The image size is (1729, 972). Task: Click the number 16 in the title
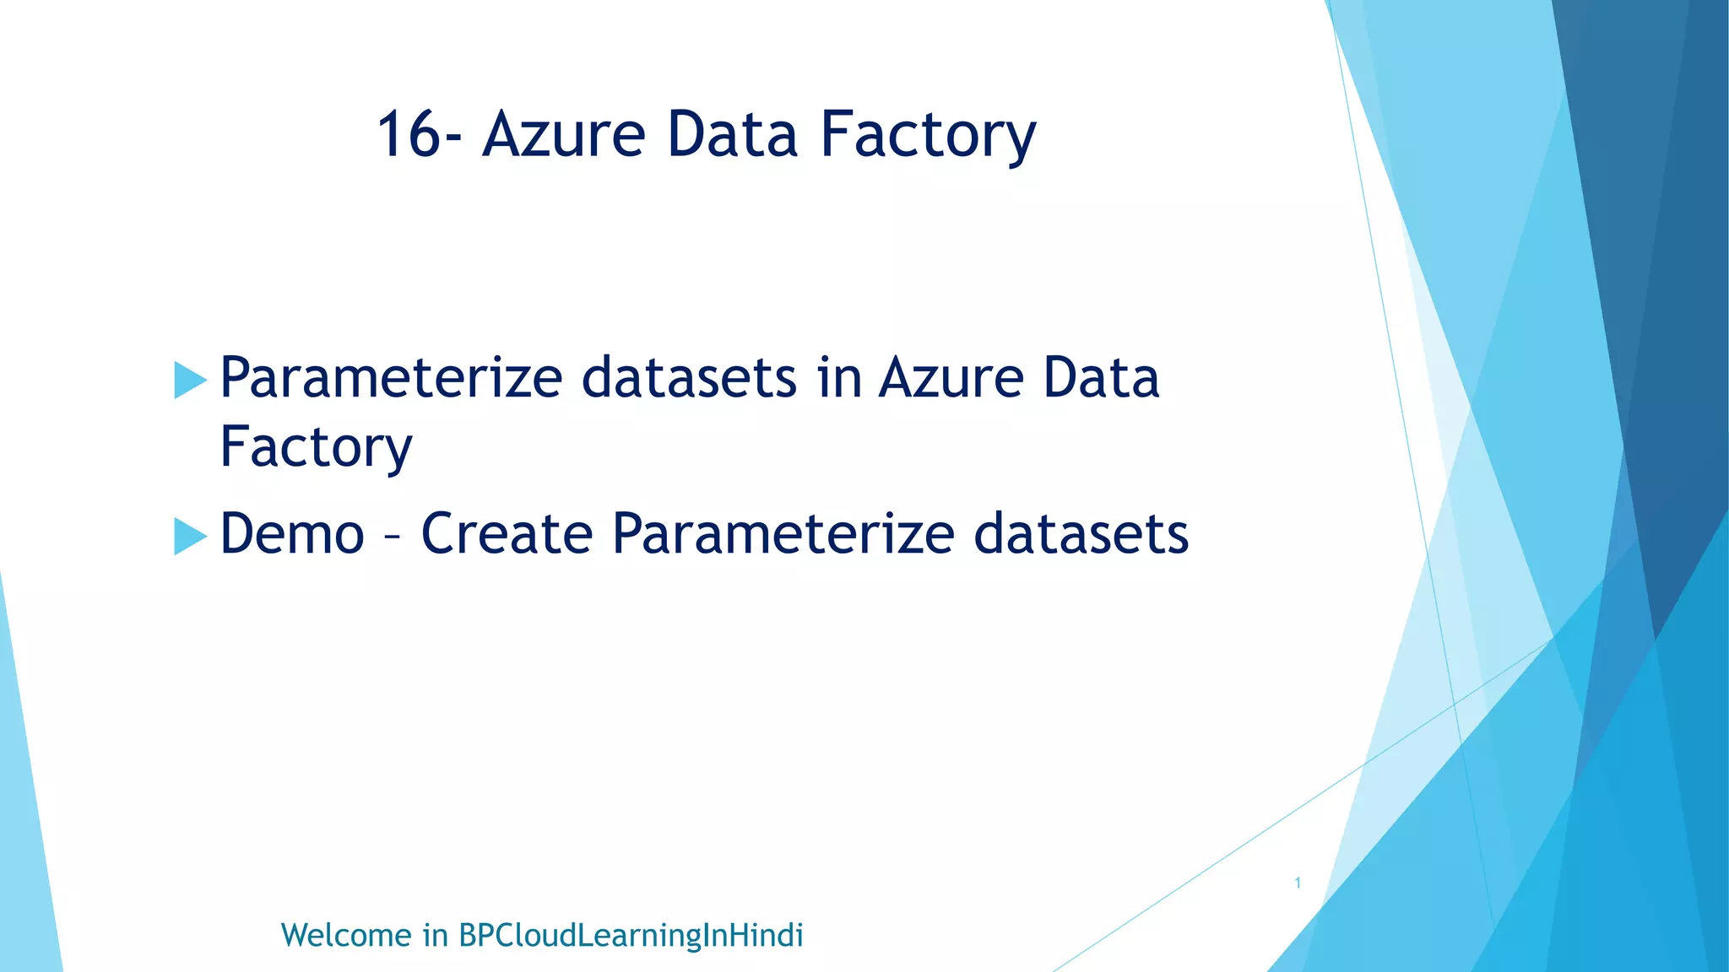tap(408, 135)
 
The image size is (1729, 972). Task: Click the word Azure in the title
tap(563, 135)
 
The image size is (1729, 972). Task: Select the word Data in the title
tap(731, 135)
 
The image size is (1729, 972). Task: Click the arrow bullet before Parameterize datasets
tap(190, 380)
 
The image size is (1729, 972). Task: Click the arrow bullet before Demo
tap(190, 536)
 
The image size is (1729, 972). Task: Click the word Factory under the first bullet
tap(316, 448)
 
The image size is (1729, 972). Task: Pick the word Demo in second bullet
tap(292, 534)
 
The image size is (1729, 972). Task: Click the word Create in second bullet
tap(507, 534)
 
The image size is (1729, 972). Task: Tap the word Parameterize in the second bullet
tap(783, 536)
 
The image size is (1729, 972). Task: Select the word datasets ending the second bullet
tap(1081, 534)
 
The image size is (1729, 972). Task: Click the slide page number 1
tap(1298, 883)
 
